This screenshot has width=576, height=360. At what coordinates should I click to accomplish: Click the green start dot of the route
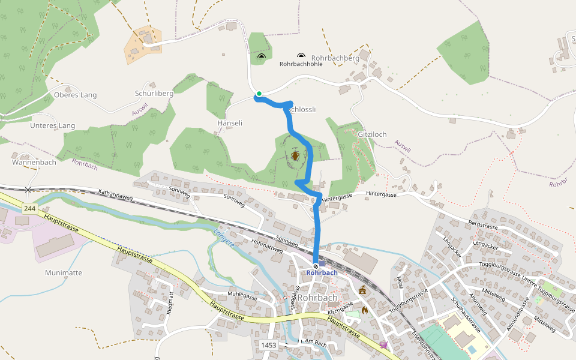(x=259, y=94)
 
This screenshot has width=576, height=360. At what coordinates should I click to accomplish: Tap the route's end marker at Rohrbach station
(x=316, y=266)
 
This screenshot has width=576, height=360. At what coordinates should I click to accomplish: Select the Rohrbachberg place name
(x=335, y=58)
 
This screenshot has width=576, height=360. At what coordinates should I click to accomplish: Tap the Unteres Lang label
(x=53, y=125)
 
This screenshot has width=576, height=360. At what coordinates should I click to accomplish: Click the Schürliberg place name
(x=154, y=94)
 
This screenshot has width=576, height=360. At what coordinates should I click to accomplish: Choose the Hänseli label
(x=229, y=122)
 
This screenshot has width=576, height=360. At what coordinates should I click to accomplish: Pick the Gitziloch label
(x=372, y=133)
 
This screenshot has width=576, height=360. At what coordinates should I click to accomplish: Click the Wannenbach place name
(x=34, y=162)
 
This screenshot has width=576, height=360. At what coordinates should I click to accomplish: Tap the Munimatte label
(x=64, y=272)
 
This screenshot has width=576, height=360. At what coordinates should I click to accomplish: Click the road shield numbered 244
(x=29, y=208)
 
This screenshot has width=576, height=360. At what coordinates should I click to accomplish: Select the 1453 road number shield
(x=269, y=345)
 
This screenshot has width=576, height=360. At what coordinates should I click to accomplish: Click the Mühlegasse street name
(x=242, y=296)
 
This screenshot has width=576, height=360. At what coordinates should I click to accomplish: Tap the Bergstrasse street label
(x=484, y=226)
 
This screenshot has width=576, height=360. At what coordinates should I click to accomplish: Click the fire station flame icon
(x=365, y=311)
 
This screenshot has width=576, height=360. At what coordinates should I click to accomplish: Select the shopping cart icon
(x=383, y=344)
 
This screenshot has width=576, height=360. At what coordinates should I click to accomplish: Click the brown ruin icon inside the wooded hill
(x=295, y=156)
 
